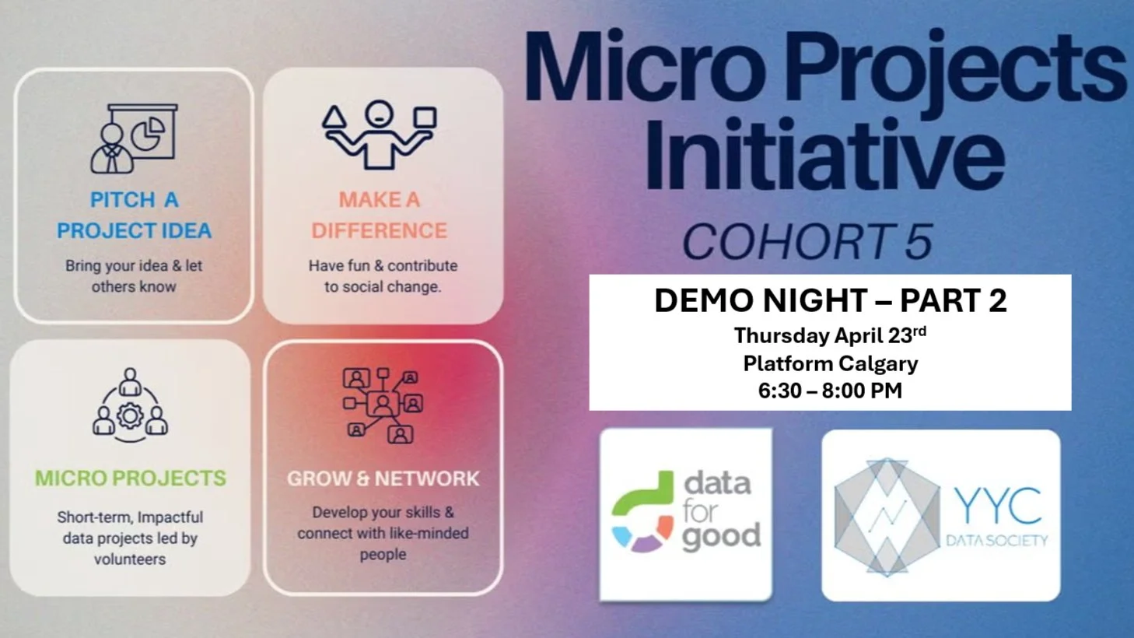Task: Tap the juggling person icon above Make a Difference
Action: tap(380, 134)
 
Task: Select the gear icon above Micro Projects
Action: tap(130, 415)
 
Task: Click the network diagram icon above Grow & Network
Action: tap(383, 405)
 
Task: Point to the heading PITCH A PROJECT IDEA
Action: tap(134, 216)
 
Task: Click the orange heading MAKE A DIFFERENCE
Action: tap(380, 216)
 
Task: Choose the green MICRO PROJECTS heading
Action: tap(131, 478)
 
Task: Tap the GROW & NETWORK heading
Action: tap(383, 478)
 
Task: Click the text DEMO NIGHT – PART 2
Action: tap(830, 301)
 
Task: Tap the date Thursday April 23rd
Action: tap(830, 335)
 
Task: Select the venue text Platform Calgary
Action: tap(830, 363)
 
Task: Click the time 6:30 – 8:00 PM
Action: tap(830, 391)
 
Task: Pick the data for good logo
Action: tap(685, 514)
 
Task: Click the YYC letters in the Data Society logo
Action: tap(998, 507)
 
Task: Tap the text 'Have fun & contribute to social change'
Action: tap(383, 276)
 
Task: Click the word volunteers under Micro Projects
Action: tap(130, 559)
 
